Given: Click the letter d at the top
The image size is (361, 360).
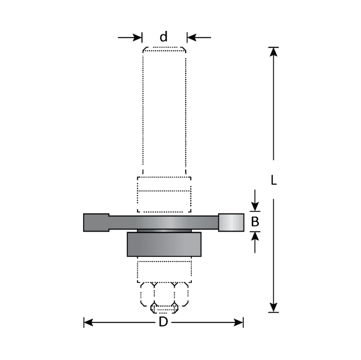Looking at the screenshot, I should (163, 37).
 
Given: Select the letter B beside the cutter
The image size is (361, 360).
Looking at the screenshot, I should (255, 222).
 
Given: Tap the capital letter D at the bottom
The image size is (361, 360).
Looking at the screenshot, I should (163, 322).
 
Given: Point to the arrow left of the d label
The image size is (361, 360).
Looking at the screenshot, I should (131, 37).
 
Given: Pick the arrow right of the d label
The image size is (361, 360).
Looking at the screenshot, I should (198, 37).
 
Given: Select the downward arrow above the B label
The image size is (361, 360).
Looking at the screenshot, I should (255, 201).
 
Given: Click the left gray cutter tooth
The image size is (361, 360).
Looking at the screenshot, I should (96, 222).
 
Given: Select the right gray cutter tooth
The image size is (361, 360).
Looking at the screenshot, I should (231, 222).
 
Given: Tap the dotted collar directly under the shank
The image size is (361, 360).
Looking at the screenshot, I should (163, 194).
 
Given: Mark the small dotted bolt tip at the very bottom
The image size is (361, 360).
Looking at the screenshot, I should (163, 309).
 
